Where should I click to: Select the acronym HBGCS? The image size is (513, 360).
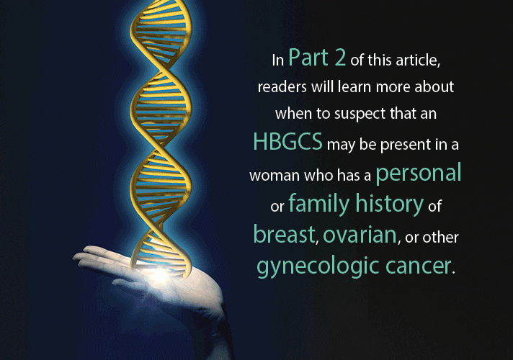tap(288, 142)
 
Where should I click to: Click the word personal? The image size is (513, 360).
tap(419, 173)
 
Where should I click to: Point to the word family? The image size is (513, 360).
tap(319, 204)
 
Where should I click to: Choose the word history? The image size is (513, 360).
tap(389, 204)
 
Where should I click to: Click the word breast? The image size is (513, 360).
tap(284, 234)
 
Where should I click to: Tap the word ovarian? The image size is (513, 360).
tap(360, 235)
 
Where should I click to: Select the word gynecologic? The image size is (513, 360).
tap(318, 266)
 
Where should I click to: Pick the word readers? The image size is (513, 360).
tap(282, 87)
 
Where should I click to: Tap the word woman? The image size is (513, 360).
tap(275, 176)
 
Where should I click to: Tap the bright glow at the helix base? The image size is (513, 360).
tap(160, 274)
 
